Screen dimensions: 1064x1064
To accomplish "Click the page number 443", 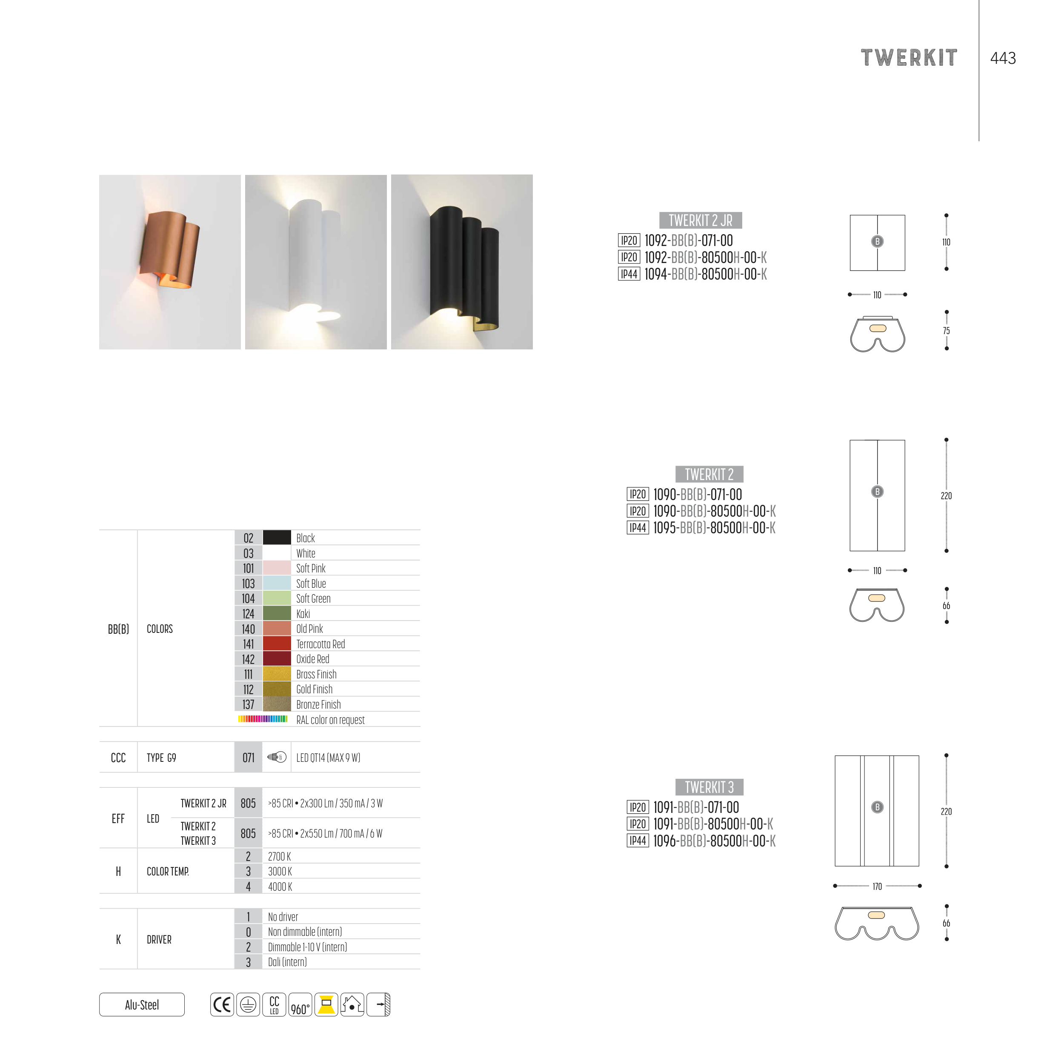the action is (x=1003, y=58).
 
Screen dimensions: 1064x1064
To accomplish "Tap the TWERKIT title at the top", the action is (x=909, y=58).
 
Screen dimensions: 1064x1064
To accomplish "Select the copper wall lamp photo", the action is (x=170, y=262).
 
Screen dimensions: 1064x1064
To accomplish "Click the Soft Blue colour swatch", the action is (x=277, y=583).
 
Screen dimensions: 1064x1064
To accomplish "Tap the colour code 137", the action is (x=249, y=704).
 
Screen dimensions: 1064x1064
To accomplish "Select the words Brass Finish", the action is (x=316, y=674).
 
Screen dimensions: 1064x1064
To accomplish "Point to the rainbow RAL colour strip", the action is (x=263, y=719).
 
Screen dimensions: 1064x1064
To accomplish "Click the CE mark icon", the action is (x=222, y=1004).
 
